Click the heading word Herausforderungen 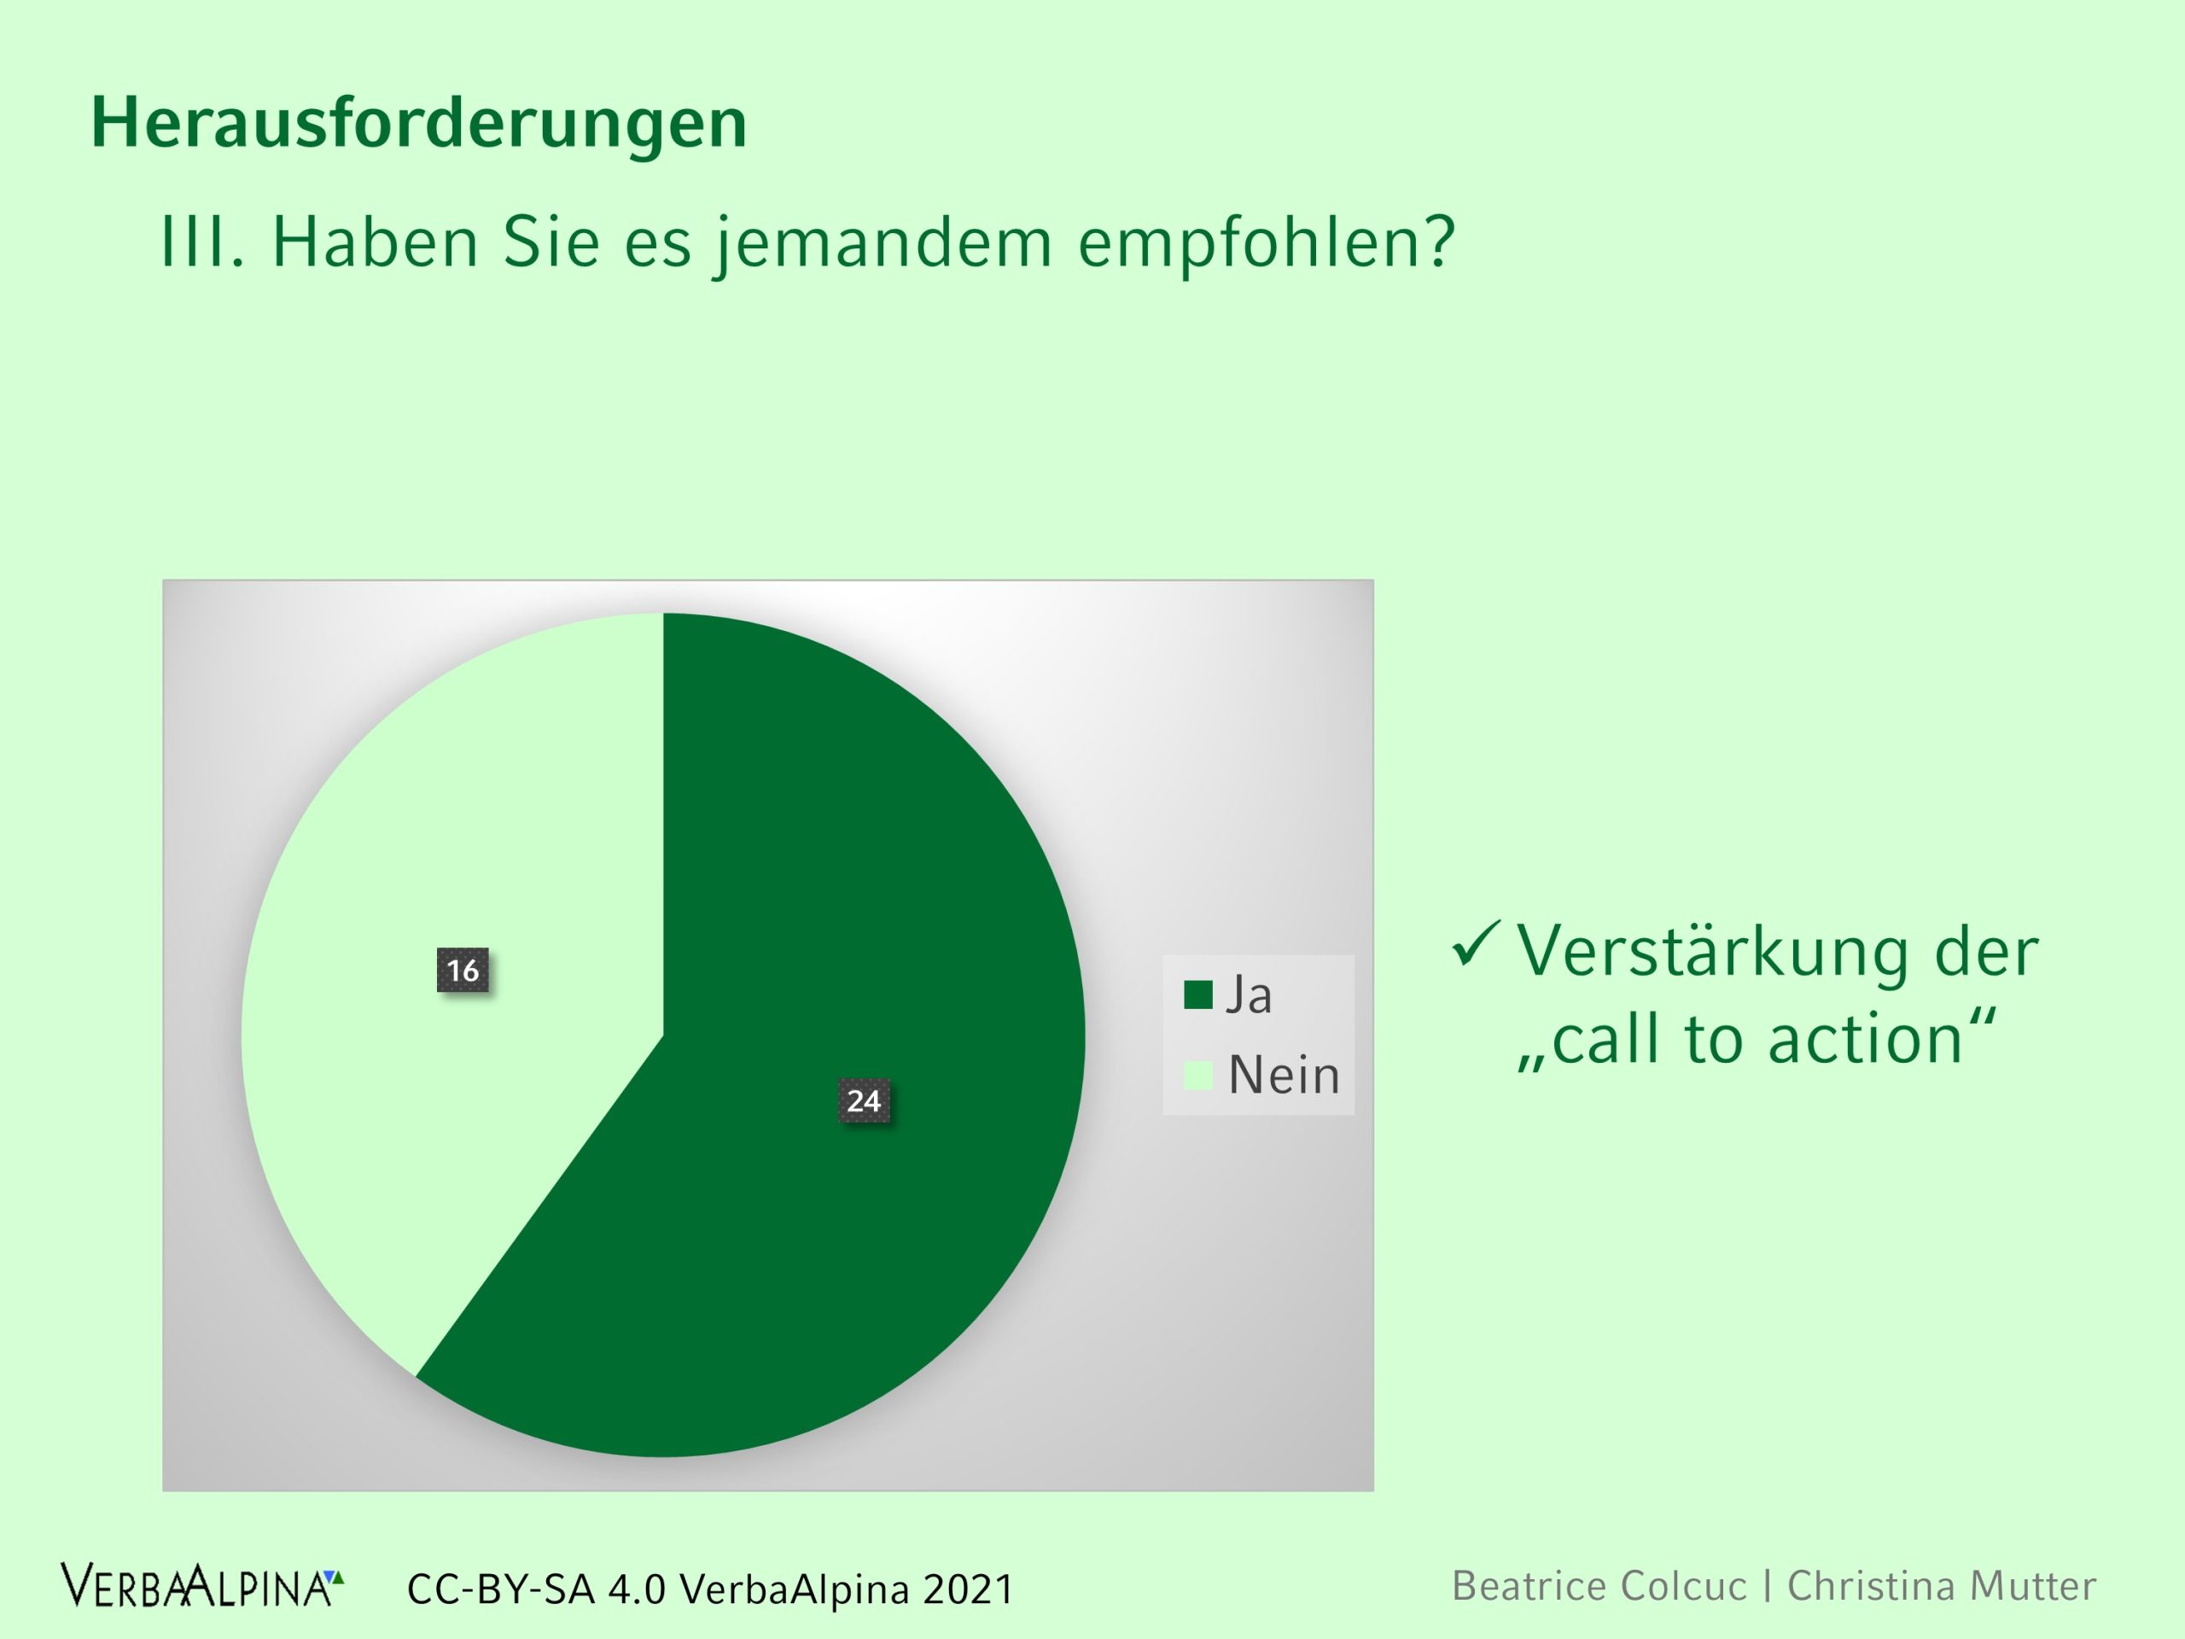(419, 124)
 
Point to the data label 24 (864, 1100)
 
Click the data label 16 (463, 970)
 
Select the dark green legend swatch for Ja (1198, 994)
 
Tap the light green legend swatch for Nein (1198, 1076)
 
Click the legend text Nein (1283, 1075)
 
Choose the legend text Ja (1249, 994)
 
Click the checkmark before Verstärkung (1476, 943)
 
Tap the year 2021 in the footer (968, 1589)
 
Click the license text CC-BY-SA (502, 1589)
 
